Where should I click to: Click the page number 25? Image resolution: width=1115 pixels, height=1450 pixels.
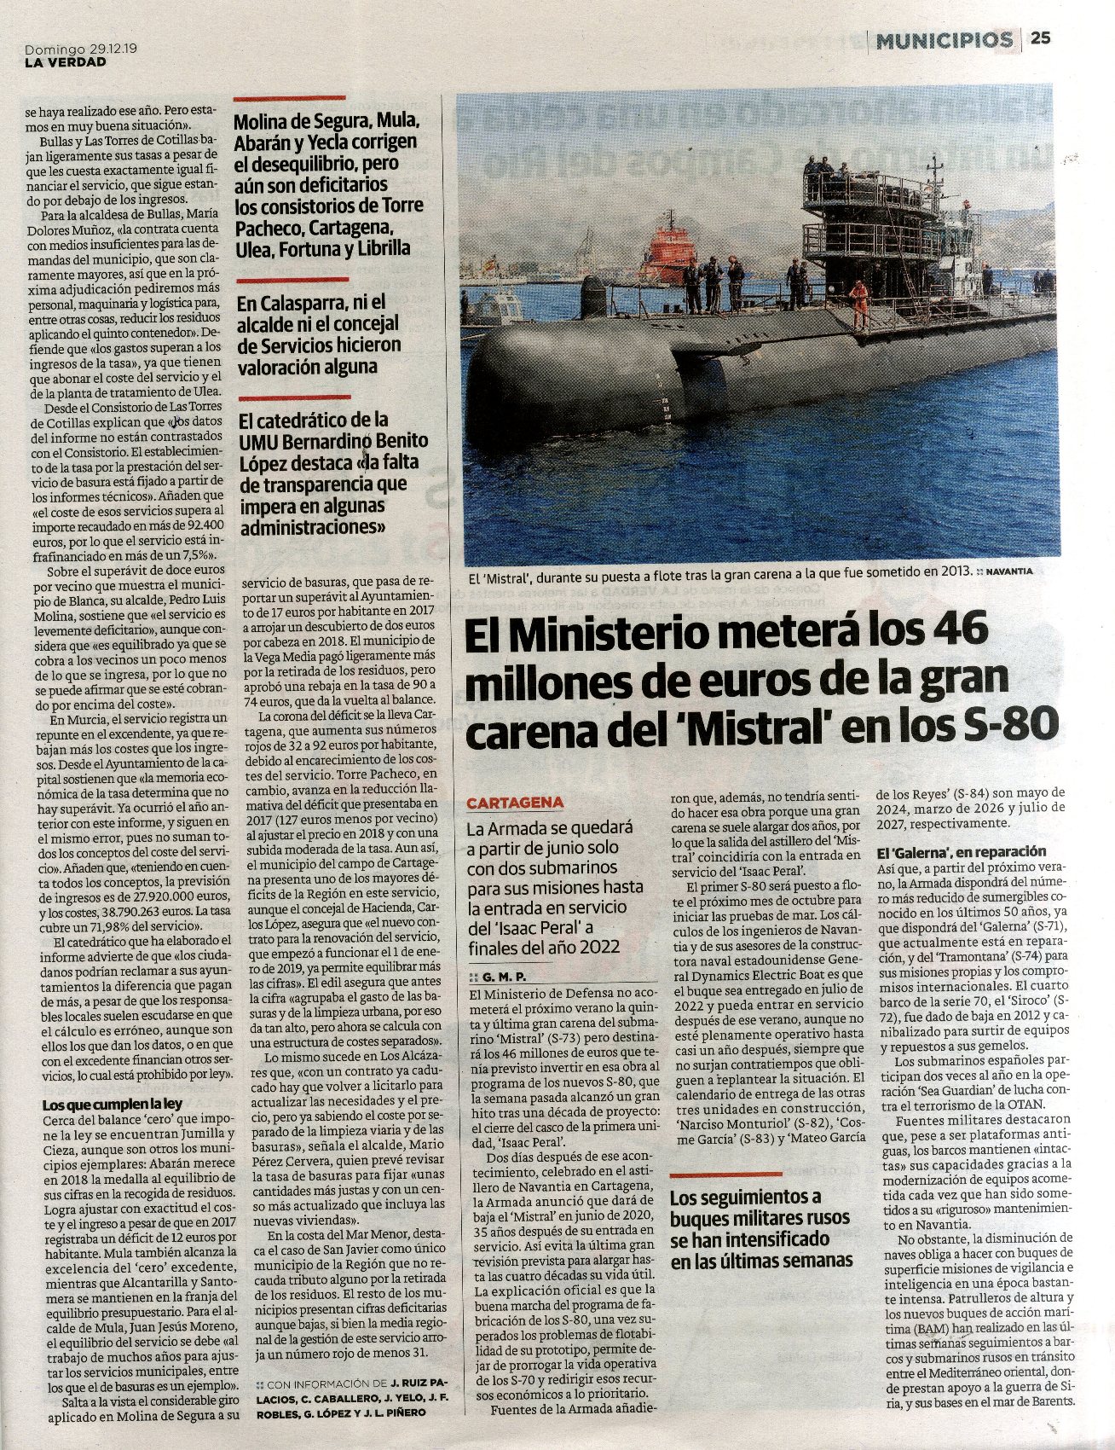click(x=1040, y=38)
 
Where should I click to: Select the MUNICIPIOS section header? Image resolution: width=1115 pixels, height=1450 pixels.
click(x=944, y=39)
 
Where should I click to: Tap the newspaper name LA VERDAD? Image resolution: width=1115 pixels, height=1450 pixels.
click(x=65, y=61)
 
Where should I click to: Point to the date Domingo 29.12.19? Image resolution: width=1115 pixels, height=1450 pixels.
click(x=82, y=49)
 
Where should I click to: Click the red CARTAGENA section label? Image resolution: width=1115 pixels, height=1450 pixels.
click(x=515, y=803)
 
